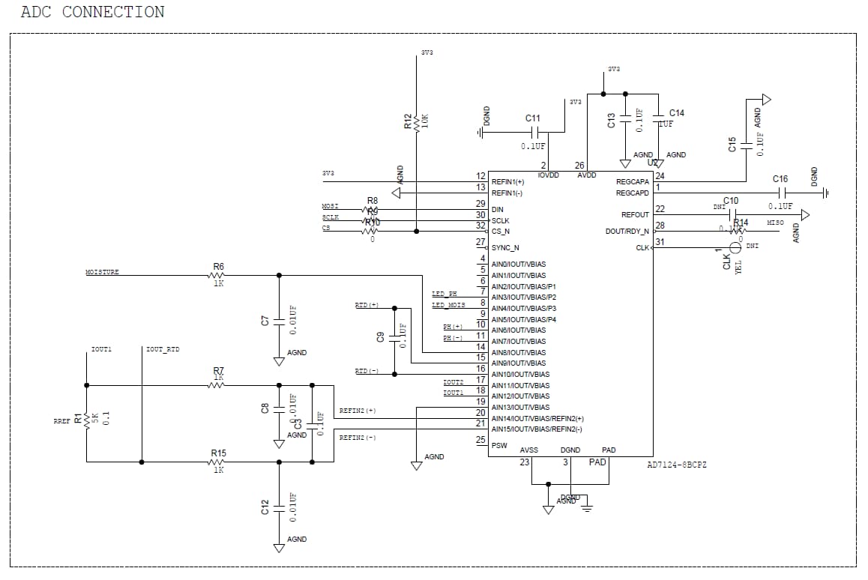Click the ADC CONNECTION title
[92, 12]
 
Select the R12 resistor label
[408, 121]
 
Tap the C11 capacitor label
[532, 118]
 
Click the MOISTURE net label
[102, 272]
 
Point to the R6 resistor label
[219, 267]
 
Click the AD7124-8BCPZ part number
[676, 465]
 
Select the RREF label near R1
[61, 422]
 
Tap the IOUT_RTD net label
[163, 350]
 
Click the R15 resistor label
[218, 453]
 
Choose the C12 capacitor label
[265, 508]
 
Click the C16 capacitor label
[780, 179]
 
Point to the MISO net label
[775, 223]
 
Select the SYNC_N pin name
[505, 247]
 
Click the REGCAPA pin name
[633, 182]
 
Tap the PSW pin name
[499, 445]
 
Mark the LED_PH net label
[444, 294]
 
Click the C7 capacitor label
[265, 321]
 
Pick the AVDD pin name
[587, 175]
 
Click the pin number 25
[480, 440]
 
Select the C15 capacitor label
[732, 145]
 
